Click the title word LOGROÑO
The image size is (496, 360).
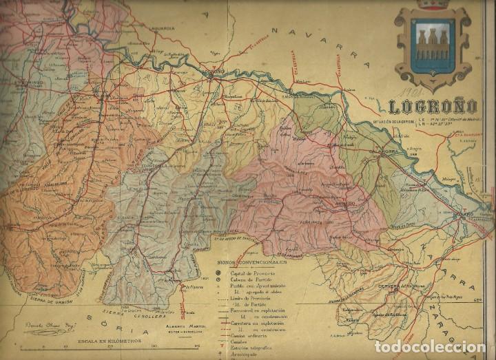433,107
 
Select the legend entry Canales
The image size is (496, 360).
242,338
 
